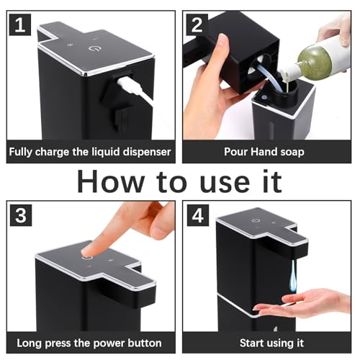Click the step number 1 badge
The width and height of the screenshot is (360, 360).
20,24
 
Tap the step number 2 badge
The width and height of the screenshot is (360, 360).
197,24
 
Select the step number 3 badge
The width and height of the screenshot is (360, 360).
21,215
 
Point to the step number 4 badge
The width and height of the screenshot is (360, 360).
198,215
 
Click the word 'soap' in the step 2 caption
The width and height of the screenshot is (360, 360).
292,152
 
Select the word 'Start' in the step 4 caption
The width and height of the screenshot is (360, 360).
252,343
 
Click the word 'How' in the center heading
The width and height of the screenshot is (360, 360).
111,181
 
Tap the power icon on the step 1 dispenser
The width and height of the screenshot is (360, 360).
93,48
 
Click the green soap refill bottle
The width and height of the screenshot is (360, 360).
322,58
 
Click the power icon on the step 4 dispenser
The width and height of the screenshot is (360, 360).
254,221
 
